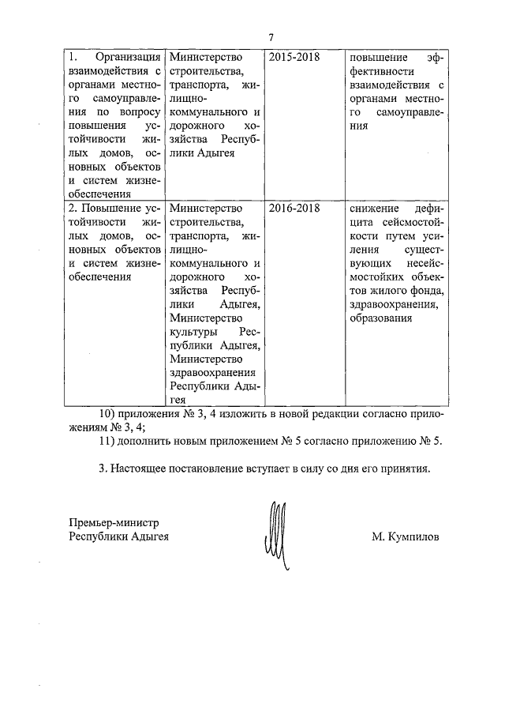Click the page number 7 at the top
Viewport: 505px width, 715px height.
point(271,37)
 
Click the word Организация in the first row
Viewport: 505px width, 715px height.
point(128,58)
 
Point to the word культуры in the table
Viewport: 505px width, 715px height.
point(192,332)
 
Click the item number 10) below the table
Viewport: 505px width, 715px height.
point(105,414)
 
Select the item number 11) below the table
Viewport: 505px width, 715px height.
point(105,441)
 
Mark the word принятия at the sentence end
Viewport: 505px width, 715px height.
point(402,469)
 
